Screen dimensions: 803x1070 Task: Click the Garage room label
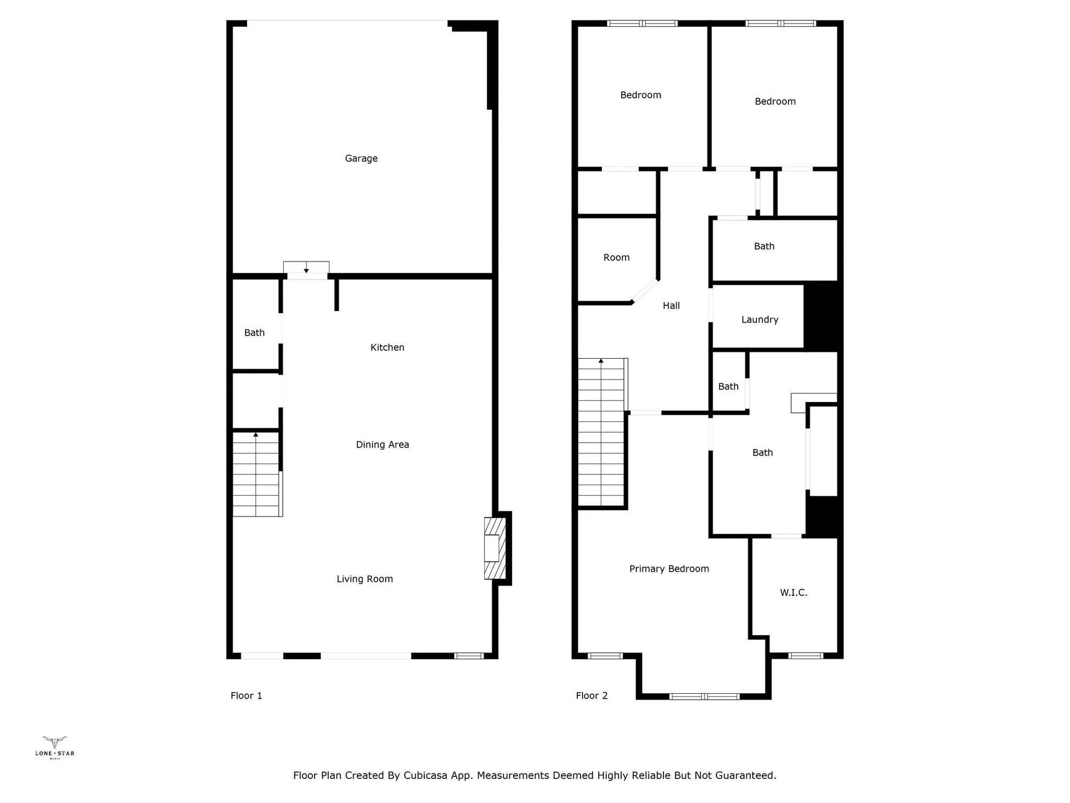361,158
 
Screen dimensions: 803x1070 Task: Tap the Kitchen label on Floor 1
387,347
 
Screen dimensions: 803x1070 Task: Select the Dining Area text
383,444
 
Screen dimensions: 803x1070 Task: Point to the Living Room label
364,579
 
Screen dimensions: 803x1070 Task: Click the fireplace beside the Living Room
494,548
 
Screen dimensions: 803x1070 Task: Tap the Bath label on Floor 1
255,332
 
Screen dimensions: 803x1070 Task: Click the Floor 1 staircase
256,474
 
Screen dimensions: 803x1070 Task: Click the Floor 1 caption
246,695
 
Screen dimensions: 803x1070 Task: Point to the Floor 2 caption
592,695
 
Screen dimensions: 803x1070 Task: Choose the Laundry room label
760,320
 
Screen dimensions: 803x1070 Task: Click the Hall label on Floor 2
671,306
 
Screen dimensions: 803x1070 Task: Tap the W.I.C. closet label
793,592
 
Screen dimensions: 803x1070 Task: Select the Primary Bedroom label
669,569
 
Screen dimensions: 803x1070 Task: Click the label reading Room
616,257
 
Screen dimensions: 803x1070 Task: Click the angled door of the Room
645,291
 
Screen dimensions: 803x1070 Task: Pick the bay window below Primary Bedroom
704,696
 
